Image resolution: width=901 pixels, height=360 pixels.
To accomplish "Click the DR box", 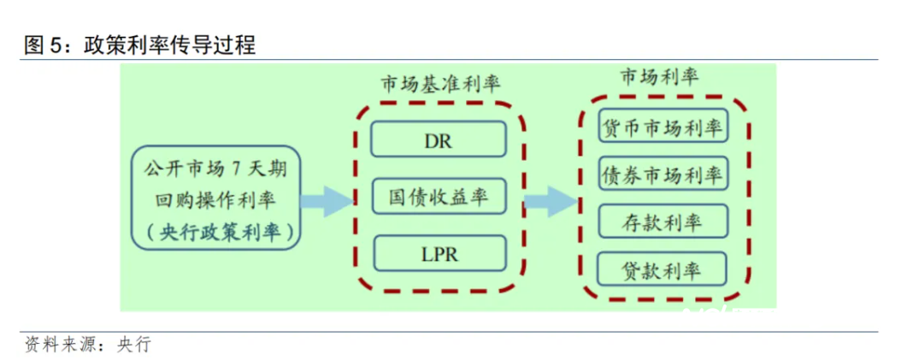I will point(438,140).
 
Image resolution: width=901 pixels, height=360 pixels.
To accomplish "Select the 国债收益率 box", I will point(438,198).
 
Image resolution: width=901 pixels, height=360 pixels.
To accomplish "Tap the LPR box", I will point(438,254).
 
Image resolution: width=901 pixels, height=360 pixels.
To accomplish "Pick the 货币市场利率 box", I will point(662,127).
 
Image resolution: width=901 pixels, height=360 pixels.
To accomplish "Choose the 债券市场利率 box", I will point(662,174).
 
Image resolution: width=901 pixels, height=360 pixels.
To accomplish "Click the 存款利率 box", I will point(662,222).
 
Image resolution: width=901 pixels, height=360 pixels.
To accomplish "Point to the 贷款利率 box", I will point(662,270).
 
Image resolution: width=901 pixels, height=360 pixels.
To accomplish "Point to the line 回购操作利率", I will point(216,200).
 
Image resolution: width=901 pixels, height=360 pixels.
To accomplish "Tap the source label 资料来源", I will point(56,345).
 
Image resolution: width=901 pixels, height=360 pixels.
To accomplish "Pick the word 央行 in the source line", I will point(132,345).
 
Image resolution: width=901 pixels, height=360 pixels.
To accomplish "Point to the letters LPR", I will point(438,254).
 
